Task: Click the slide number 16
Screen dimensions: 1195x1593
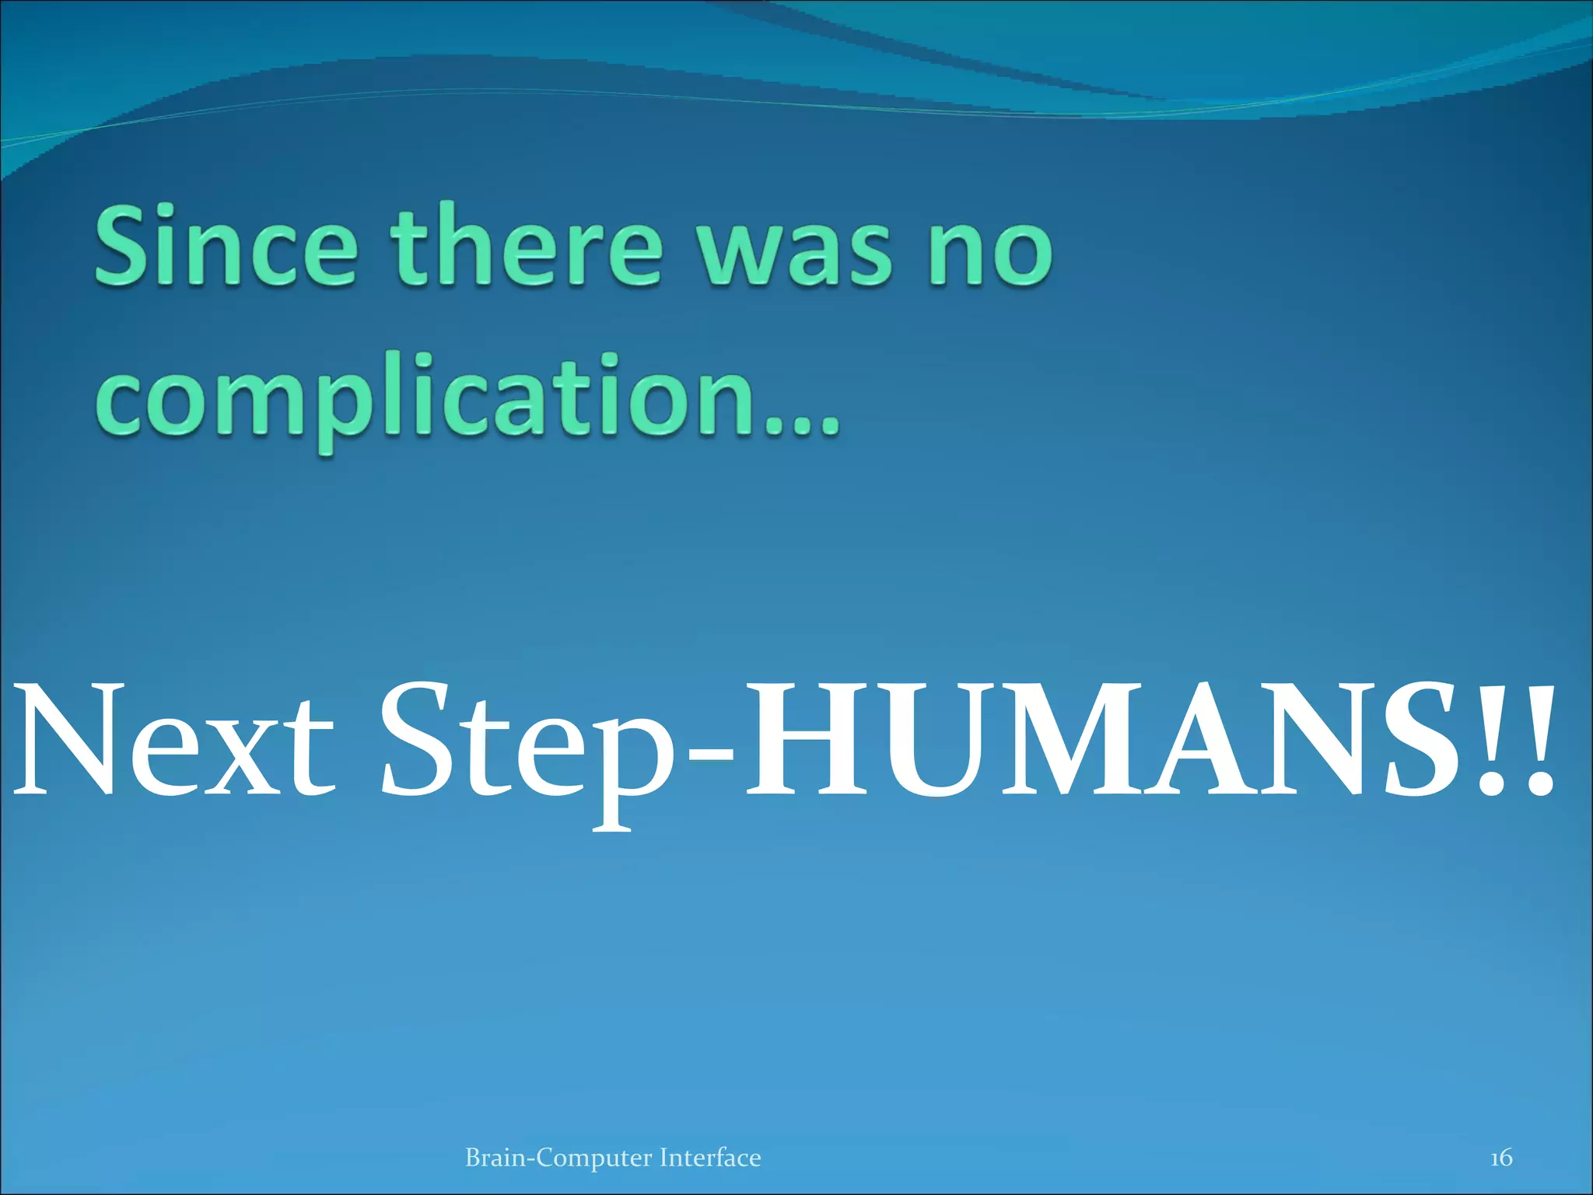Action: [x=1500, y=1157]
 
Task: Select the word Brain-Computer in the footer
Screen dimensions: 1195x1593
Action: [x=558, y=1158]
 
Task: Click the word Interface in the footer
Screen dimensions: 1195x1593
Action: [x=709, y=1157]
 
